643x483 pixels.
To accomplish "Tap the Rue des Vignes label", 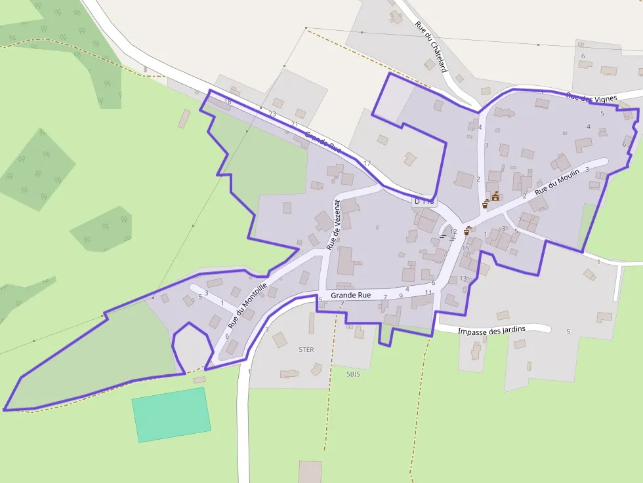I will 591,98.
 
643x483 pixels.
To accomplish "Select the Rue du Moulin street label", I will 557,182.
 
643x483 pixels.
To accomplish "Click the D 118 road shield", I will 425,201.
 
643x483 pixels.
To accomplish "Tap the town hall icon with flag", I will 495,196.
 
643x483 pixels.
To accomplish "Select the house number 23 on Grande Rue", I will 272,113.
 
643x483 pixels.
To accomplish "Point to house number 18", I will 228,102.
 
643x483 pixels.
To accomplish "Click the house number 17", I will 367,163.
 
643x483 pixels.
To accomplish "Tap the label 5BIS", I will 354,374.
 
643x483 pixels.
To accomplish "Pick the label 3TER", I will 306,350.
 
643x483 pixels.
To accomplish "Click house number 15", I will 465,248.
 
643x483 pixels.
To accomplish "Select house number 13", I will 463,279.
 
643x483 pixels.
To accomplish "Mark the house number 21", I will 295,124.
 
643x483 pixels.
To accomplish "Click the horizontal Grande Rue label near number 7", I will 350,296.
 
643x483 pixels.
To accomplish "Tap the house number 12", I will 453,232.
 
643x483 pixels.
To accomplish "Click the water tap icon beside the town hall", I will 486,204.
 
